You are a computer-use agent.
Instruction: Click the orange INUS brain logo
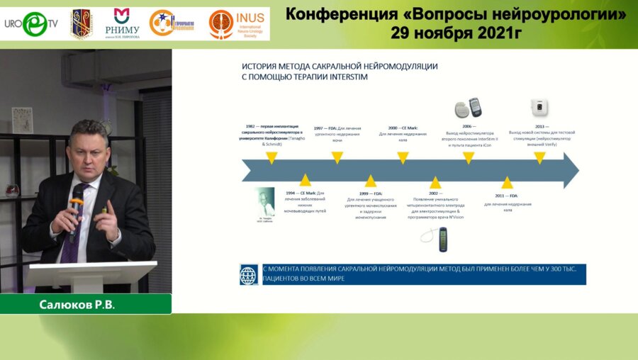tap(221, 24)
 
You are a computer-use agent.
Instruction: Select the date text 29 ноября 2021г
tap(454, 33)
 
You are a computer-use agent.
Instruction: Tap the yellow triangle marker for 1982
tap(271, 158)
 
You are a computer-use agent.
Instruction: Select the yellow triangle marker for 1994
tap(305, 180)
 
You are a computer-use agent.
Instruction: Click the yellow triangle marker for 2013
tap(539, 158)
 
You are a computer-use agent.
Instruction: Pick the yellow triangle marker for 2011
tap(507, 182)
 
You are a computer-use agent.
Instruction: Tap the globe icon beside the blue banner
tap(249, 274)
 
